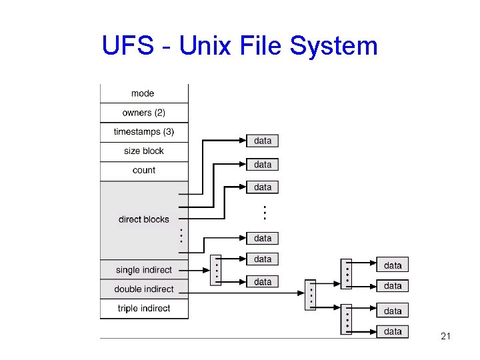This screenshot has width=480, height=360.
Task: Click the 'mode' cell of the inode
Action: tap(143, 93)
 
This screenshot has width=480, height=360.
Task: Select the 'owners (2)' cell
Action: tap(143, 113)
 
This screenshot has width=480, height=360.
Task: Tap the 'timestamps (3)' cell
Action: tap(143, 132)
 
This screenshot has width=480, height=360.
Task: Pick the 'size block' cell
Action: tap(143, 151)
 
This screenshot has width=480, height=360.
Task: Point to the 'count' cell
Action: tap(143, 171)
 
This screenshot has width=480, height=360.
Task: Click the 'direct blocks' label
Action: tap(143, 219)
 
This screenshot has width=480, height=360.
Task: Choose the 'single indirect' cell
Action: tap(143, 270)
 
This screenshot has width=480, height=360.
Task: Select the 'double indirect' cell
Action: tap(143, 289)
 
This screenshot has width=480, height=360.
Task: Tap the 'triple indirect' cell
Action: tap(143, 309)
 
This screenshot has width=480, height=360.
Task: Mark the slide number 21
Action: tap(446, 337)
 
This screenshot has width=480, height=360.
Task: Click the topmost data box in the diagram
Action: tap(263, 141)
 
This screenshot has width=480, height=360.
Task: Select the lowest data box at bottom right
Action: tap(393, 331)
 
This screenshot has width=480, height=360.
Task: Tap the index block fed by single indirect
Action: tap(215, 270)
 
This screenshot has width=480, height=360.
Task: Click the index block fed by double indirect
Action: tap(310, 295)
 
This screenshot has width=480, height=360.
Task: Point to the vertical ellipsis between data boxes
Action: tap(264, 213)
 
